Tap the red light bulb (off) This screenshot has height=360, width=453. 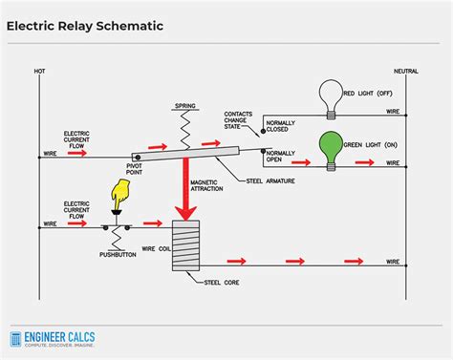pyautogui.click(x=332, y=97)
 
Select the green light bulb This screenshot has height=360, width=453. pyautogui.click(x=332, y=145)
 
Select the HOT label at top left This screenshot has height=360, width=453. pyautogui.click(x=39, y=72)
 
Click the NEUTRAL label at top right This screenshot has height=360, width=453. pyautogui.click(x=405, y=72)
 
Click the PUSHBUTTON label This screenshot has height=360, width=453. pyautogui.click(x=118, y=255)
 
